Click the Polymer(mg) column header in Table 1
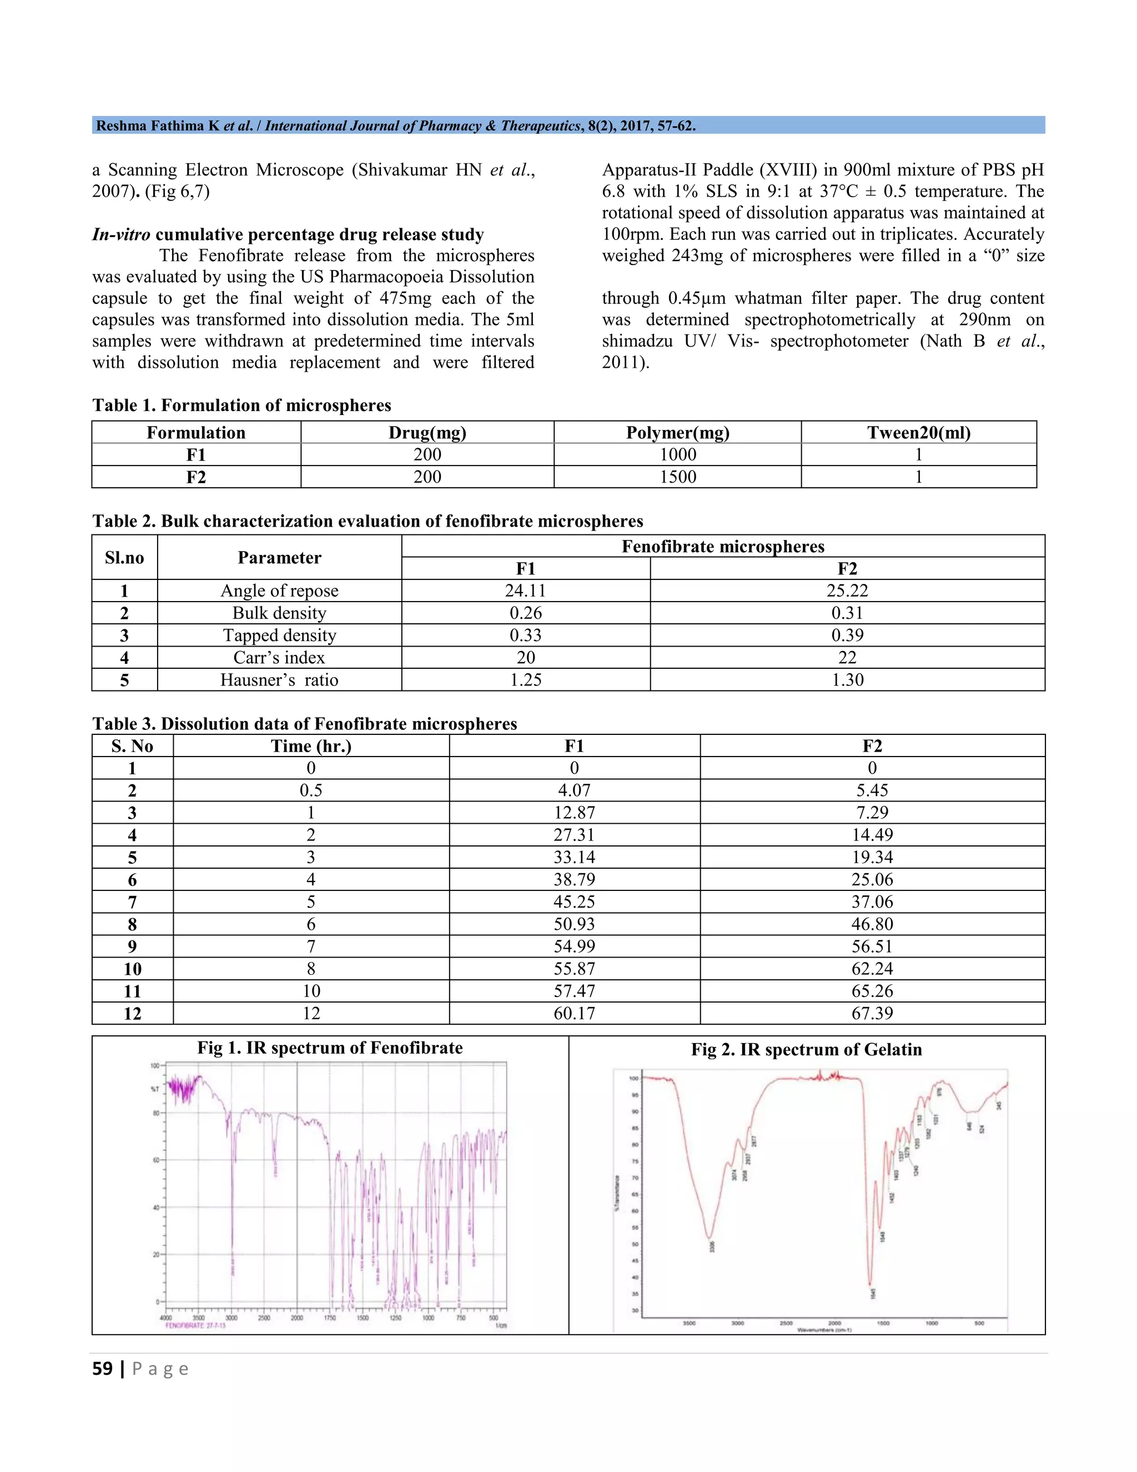coord(678,433)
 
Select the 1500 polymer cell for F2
coord(678,477)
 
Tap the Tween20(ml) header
coord(919,433)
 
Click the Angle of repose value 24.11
coord(525,591)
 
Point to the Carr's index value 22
coord(847,658)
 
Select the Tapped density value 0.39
coord(847,635)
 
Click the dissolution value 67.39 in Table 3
coord(872,1014)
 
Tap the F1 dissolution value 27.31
coord(574,835)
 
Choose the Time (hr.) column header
coord(311,746)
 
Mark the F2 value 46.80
coord(872,924)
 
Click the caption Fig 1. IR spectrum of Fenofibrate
coord(330,1048)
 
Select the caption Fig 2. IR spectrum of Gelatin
coord(806,1049)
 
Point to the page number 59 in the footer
coord(102,1369)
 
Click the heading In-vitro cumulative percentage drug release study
coord(288,234)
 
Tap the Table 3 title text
coord(304,724)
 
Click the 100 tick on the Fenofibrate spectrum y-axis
coord(154,1067)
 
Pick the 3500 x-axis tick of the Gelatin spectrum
coord(689,1323)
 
